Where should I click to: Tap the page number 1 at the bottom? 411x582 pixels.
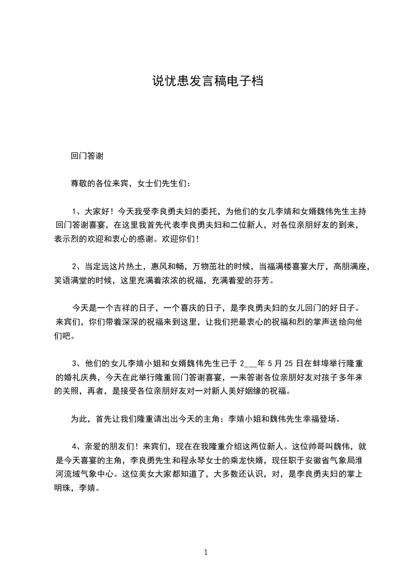coord(206,552)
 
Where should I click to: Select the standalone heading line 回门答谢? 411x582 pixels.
coord(89,156)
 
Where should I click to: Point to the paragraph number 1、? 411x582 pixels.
coord(78,211)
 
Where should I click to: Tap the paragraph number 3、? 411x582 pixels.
coord(78,363)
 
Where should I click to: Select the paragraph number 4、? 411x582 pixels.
coord(78,446)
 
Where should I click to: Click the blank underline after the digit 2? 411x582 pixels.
coord(250,364)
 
